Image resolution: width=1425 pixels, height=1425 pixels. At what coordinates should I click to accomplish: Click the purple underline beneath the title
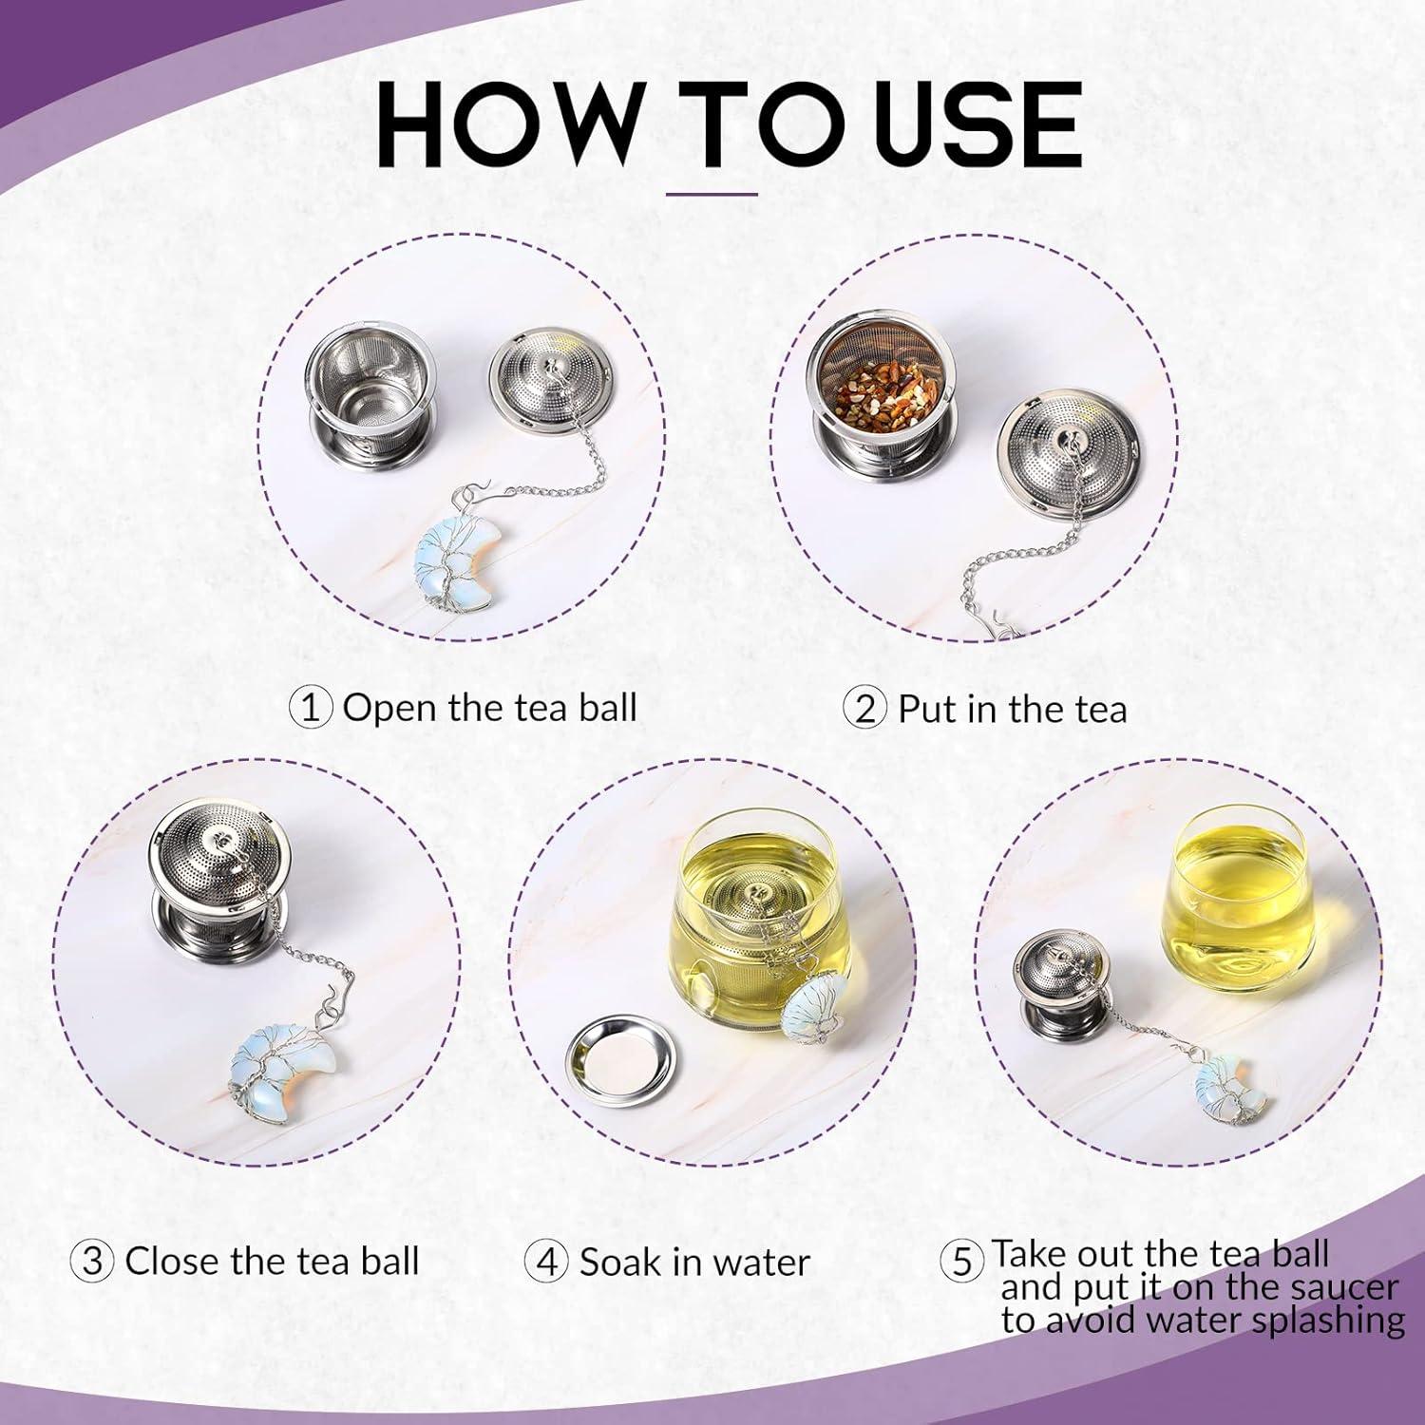(x=725, y=195)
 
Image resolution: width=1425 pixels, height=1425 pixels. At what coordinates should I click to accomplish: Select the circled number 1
(x=311, y=709)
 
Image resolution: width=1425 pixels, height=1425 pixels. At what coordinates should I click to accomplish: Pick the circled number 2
(x=865, y=710)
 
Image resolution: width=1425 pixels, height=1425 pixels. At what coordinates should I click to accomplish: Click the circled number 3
(x=93, y=1263)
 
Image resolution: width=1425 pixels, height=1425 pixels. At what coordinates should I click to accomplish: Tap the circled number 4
(x=546, y=1263)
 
